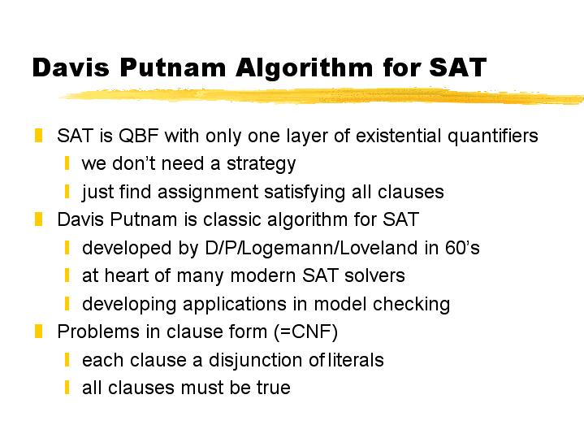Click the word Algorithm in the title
(304, 68)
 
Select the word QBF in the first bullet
(139, 136)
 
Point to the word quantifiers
(493, 136)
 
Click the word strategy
(261, 164)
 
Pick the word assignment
(208, 193)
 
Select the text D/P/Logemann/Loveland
(311, 249)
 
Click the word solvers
(374, 276)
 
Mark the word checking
(411, 304)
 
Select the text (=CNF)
(305, 332)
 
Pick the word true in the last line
(274, 388)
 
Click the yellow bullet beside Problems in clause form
(38, 332)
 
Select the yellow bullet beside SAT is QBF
(38, 136)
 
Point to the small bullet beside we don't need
(67, 163)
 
